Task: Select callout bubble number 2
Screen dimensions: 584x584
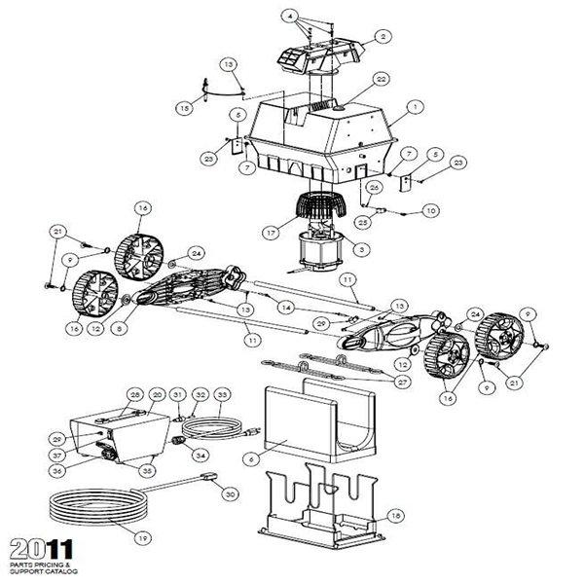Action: (384, 36)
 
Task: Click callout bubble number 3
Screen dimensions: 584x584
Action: (362, 250)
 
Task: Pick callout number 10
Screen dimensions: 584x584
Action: (430, 209)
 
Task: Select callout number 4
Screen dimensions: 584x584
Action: (290, 17)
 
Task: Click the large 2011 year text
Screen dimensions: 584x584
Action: (38, 547)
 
